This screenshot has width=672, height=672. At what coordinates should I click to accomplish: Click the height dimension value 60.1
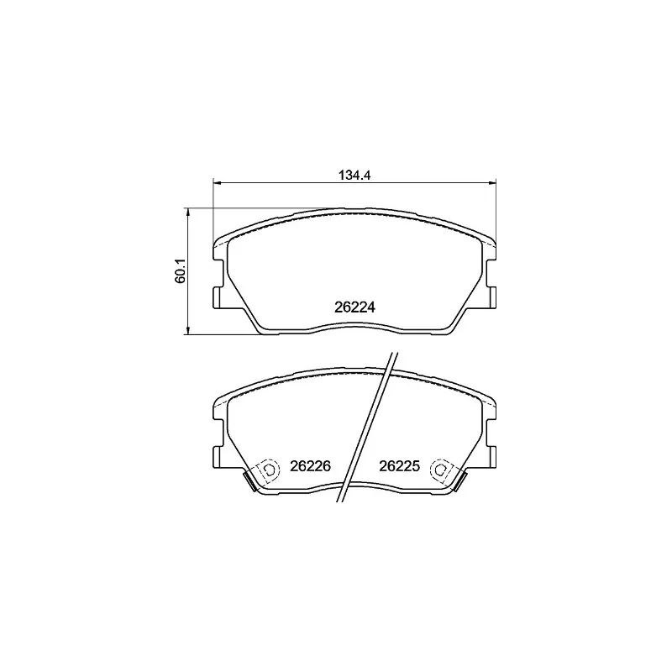tap(179, 271)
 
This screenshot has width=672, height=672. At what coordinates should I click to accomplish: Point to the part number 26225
tap(399, 466)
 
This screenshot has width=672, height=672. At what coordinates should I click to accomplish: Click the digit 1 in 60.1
tap(179, 260)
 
